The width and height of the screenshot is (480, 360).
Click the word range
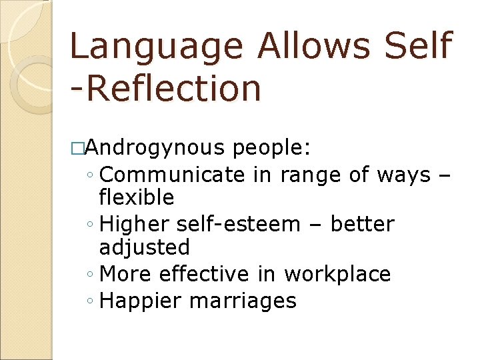pyautogui.click(x=309, y=176)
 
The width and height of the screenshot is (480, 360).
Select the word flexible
pyautogui.click(x=136, y=197)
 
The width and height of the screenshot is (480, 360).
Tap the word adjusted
pyautogui.click(x=144, y=248)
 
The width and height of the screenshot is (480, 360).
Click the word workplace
pyautogui.click(x=337, y=275)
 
